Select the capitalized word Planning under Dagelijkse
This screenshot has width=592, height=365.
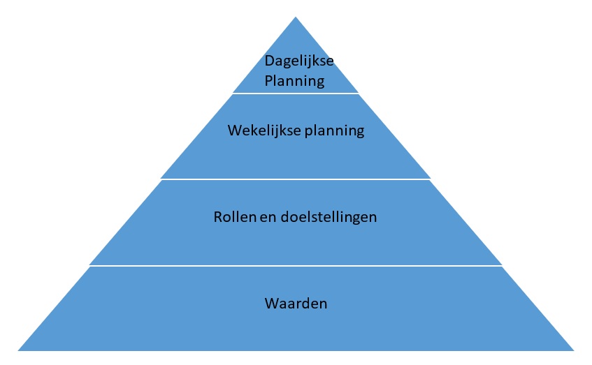[294, 80]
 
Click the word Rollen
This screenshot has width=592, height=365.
[232, 216]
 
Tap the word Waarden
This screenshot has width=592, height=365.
[296, 304]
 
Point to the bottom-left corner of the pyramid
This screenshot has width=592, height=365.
[19, 350]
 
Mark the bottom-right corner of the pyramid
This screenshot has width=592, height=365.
[573, 350]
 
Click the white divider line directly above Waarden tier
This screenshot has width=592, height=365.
[296, 265]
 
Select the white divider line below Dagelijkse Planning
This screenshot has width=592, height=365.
[296, 93]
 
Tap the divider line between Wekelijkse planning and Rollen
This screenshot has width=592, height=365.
[296, 179]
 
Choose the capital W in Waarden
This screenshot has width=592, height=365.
[271, 304]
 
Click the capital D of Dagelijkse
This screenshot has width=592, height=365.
[269, 61]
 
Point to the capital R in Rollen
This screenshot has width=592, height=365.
[217, 216]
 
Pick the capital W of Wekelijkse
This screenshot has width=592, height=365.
[234, 131]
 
